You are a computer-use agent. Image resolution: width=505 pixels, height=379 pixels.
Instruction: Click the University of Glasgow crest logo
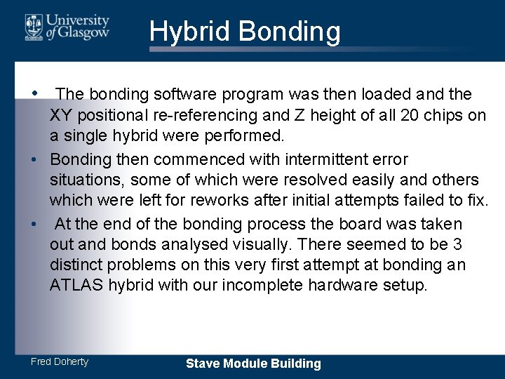[34, 26]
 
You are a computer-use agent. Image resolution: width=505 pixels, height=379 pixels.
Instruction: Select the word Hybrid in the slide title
[189, 32]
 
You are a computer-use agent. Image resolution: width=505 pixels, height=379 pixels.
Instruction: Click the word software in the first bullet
[183, 94]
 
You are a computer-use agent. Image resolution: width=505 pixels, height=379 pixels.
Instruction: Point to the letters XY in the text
[60, 116]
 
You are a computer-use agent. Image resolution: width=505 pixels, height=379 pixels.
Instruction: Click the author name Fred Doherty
[60, 361]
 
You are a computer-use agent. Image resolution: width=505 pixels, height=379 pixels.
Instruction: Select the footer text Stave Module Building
[253, 364]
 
